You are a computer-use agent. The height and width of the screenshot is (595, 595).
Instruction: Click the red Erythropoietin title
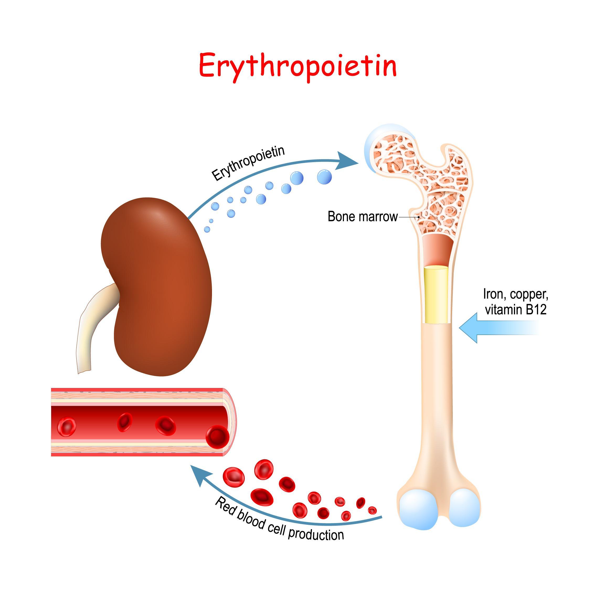point(297,67)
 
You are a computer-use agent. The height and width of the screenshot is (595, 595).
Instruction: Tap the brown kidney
point(157,286)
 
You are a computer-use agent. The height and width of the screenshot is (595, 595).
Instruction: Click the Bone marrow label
point(363,217)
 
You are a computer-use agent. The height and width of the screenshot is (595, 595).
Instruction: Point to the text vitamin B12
point(516,310)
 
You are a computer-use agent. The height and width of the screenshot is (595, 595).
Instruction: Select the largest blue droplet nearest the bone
point(324,177)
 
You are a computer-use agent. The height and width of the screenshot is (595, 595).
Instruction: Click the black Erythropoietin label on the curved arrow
point(248,163)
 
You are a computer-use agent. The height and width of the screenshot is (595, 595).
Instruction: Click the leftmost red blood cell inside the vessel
point(67,427)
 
